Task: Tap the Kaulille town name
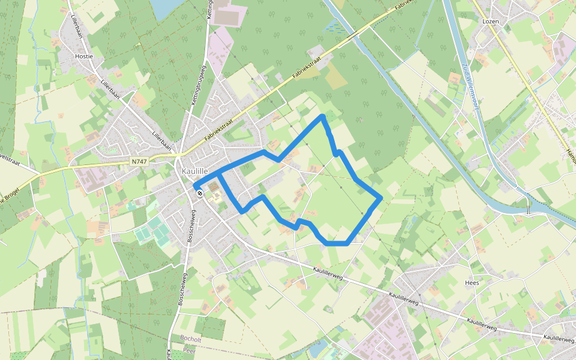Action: click(194, 172)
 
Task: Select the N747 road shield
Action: click(139, 161)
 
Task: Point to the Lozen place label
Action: click(490, 21)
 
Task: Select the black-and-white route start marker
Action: click(199, 193)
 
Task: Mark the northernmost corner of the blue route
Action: click(323, 115)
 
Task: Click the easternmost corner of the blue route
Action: click(380, 198)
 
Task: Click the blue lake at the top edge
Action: click(164, 7)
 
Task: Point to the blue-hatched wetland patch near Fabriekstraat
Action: click(332, 26)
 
